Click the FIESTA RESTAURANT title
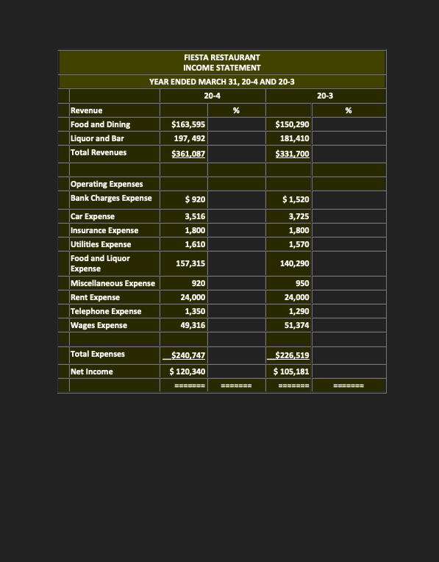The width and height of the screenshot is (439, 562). pyautogui.click(x=221, y=57)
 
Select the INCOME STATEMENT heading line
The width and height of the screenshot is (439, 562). pyautogui.click(x=221, y=68)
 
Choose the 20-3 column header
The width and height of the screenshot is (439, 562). pyautogui.click(x=324, y=96)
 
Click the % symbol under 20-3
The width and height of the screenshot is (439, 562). pyautogui.click(x=348, y=110)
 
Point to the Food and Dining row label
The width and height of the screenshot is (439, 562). pyautogui.click(x=100, y=124)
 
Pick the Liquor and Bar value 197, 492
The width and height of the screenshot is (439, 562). pyautogui.click(x=188, y=138)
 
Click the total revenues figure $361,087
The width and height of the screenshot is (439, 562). pyautogui.click(x=188, y=153)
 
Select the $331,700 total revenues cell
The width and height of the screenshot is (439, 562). pyautogui.click(x=292, y=153)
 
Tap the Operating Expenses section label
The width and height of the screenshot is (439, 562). pyautogui.click(x=106, y=184)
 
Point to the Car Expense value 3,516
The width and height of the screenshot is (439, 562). pyautogui.click(x=194, y=216)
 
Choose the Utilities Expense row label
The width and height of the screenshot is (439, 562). pyautogui.click(x=101, y=244)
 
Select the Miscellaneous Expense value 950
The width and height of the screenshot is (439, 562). pyautogui.click(x=301, y=283)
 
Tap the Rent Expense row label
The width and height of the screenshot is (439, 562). pyautogui.click(x=95, y=297)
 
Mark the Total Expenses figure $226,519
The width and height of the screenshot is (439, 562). pyautogui.click(x=291, y=355)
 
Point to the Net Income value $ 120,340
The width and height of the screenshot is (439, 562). pyautogui.click(x=188, y=371)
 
